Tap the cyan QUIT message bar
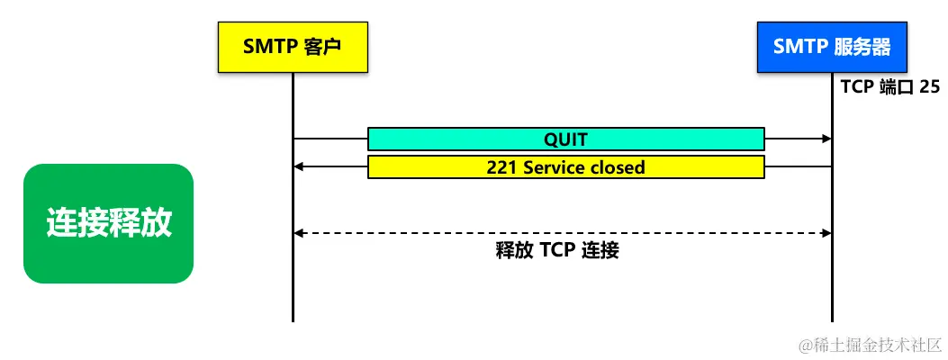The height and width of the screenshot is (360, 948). pos(565,139)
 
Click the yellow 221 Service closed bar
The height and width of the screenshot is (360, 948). pos(565,167)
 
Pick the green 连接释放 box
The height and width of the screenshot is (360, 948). pos(108,223)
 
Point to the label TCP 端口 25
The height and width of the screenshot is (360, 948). pos(889,87)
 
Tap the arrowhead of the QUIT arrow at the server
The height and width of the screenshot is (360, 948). pos(825,139)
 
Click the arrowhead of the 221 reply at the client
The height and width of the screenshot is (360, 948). pos(300,167)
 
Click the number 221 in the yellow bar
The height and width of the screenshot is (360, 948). pos(501,167)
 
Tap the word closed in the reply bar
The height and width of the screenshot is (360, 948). pos(617,167)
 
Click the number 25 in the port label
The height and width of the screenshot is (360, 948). pos(929,87)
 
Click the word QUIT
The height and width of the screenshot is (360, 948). pos(565,139)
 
